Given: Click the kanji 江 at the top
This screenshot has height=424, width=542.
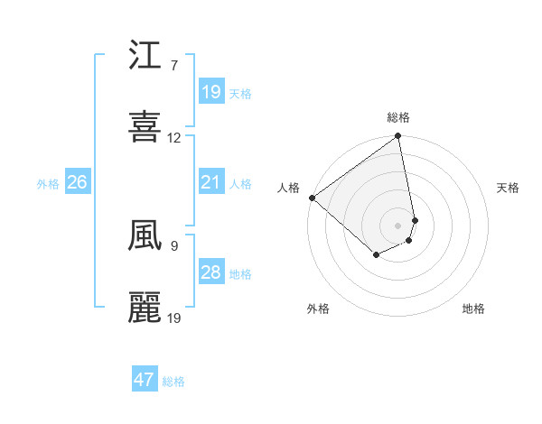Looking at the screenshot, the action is coord(145,57).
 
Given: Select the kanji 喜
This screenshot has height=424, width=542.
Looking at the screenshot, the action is coord(145,126).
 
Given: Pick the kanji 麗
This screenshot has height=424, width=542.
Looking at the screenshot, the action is coord(145,308).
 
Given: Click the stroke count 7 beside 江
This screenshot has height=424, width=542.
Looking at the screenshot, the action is coord(173,66).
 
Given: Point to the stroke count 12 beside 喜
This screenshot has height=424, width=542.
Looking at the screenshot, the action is coord(174,138).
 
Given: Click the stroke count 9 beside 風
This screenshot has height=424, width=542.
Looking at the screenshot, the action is coord(173,245).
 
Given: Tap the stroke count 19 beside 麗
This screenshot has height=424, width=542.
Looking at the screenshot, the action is coord(174,318).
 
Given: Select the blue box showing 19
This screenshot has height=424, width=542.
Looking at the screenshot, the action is coord(211,92).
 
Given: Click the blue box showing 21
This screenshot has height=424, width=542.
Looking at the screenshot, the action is coord(211,182).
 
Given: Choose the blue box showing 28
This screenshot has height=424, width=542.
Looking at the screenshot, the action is coord(211,272).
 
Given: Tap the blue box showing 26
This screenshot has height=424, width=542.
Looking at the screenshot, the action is coord(77,182).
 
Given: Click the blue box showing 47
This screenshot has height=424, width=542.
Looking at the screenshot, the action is coord(145,380).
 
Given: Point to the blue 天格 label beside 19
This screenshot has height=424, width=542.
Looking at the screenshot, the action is coord(240,94).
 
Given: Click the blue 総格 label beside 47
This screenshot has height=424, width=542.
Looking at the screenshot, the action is coord(173,382).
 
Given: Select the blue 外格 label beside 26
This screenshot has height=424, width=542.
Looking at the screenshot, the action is coord(48,184).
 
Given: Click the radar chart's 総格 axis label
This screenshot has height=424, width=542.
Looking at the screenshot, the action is coord(398,117).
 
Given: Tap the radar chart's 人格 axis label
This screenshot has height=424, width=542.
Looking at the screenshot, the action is coord(288,188).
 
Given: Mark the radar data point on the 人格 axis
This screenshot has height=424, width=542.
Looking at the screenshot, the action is coord(312,198).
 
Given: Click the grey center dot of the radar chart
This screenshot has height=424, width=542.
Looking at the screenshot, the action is coord(398,225).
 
